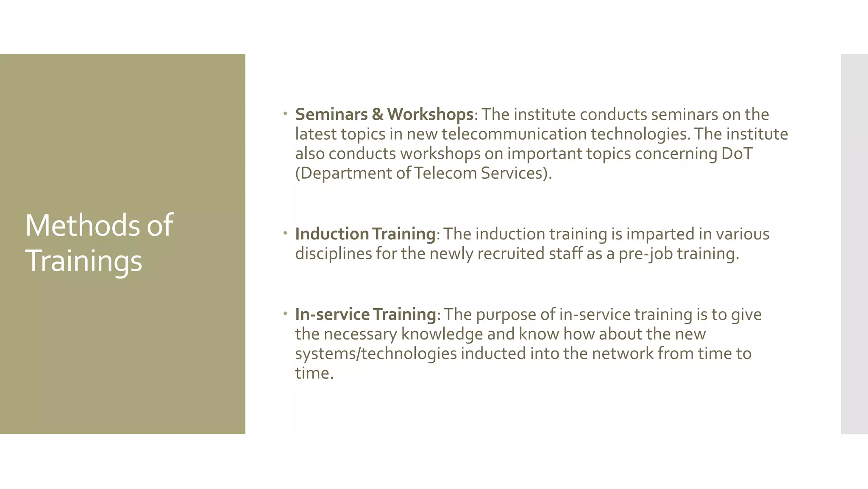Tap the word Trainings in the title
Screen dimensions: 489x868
(83, 261)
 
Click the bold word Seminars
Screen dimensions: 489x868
(331, 114)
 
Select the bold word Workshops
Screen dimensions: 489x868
(430, 114)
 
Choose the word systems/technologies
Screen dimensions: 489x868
(376, 353)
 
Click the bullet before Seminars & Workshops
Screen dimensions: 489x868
(286, 113)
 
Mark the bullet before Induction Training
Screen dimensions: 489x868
(286, 233)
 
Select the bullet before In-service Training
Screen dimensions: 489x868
(286, 313)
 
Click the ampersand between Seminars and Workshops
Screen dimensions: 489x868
(377, 114)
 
